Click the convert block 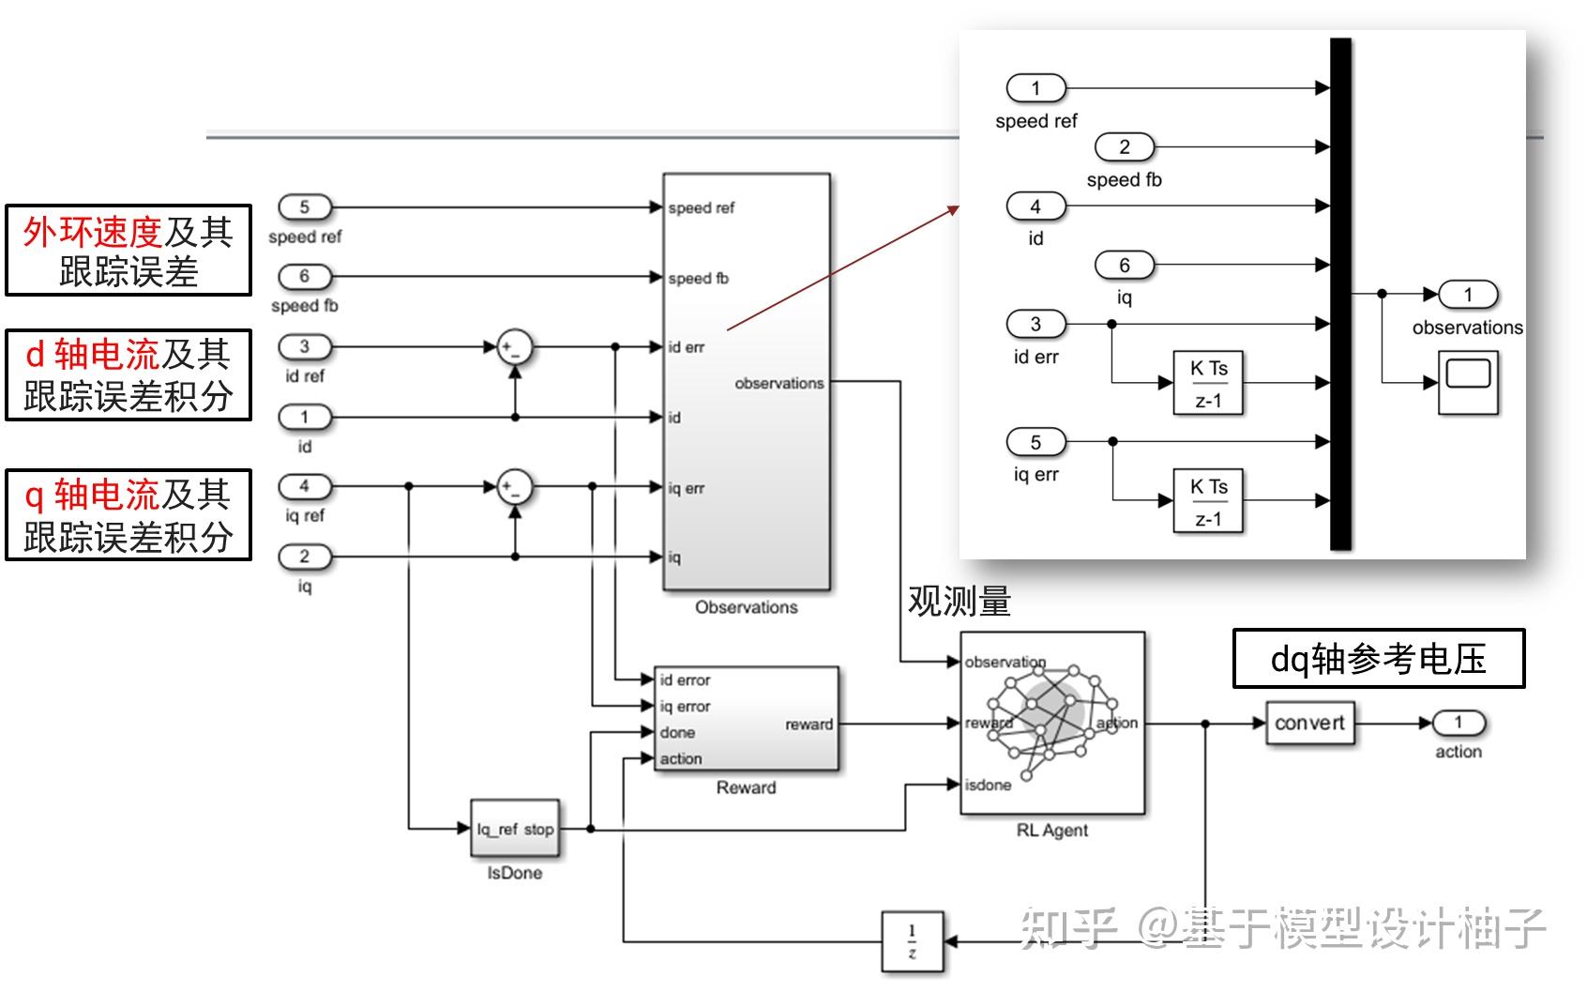(1309, 724)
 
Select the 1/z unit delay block (912, 941)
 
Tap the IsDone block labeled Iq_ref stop (514, 829)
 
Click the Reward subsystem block (746, 720)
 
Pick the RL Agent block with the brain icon (1051, 723)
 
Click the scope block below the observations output (1468, 381)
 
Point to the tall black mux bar (1340, 294)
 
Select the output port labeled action (1458, 723)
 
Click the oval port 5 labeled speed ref (305, 207)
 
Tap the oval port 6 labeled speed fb (305, 277)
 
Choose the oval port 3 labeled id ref (305, 347)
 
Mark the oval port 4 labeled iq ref (305, 486)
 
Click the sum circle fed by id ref (514, 347)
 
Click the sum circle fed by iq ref (514, 486)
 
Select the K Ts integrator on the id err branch (1208, 383)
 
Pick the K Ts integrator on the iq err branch (1208, 501)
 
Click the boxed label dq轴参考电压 (1378, 659)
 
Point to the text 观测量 (959, 602)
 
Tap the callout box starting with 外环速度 (128, 251)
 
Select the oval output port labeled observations (1468, 295)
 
